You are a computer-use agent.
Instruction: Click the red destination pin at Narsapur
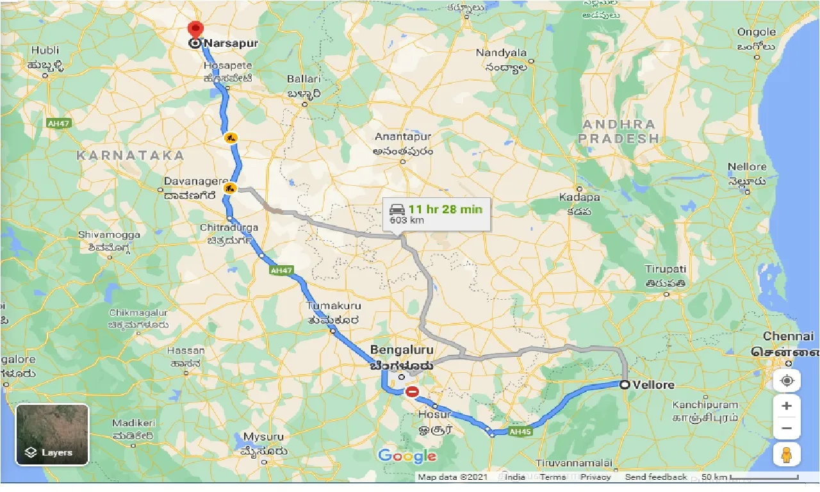pos(195,30)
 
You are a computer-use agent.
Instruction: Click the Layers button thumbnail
pos(52,434)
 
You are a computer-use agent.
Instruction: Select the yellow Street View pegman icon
pos(787,454)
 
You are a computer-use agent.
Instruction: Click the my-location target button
pos(787,381)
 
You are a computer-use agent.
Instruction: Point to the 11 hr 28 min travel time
pos(445,208)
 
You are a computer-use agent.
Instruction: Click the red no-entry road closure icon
pos(412,391)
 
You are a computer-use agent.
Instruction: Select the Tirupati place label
pos(666,269)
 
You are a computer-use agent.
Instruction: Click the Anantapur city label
pos(404,136)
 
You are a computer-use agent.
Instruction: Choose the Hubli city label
pos(44,50)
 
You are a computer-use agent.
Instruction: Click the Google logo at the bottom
pos(407,456)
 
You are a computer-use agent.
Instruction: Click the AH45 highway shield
pos(519,432)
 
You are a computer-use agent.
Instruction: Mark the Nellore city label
pos(747,167)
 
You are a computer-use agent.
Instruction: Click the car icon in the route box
pos(397,209)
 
